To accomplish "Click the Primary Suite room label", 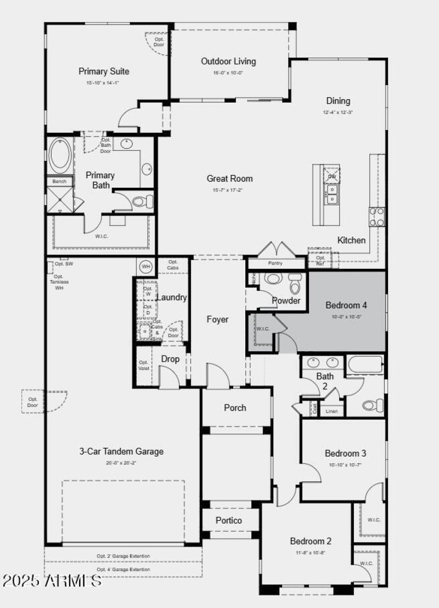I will (104, 71).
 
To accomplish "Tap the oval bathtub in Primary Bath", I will (59, 155).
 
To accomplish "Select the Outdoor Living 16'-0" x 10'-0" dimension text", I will (228, 73).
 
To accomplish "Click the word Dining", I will (338, 101).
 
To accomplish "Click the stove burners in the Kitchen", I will (376, 216).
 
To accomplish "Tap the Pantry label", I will (275, 263).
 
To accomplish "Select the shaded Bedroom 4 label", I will (346, 305).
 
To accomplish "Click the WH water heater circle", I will (146, 267).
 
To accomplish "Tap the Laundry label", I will (172, 297).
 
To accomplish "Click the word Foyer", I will (217, 319).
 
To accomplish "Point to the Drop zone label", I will (170, 359).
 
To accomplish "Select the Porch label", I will (235, 408).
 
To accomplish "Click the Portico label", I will (229, 520).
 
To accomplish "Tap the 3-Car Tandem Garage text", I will (121, 452).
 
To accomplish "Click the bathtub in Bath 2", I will (365, 365).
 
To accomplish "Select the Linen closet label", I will (331, 411).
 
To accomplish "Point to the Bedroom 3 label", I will (345, 453).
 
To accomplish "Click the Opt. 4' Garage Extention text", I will (123, 570).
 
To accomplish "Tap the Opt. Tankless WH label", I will (59, 282).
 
